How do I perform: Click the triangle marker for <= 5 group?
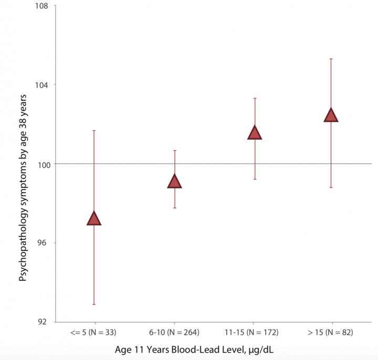(94, 219)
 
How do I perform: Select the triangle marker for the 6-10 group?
(174, 182)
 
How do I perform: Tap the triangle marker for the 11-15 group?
(255, 133)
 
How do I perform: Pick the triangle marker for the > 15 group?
(331, 115)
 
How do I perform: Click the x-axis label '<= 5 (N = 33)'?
(93, 333)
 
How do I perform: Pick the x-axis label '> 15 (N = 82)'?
(331, 333)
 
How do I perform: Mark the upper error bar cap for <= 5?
(94, 130)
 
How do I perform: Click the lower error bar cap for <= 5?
(94, 304)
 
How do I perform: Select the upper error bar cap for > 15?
(331, 59)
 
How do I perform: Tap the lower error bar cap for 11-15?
(255, 179)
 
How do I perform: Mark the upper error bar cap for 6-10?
(174, 151)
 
